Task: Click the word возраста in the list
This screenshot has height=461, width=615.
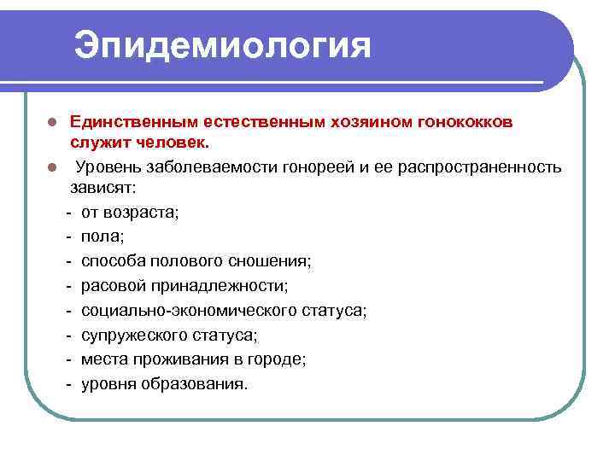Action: pos(142,211)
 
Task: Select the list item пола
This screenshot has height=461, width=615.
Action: pos(102,236)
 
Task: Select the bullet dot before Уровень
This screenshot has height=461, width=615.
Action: pos(51,166)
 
